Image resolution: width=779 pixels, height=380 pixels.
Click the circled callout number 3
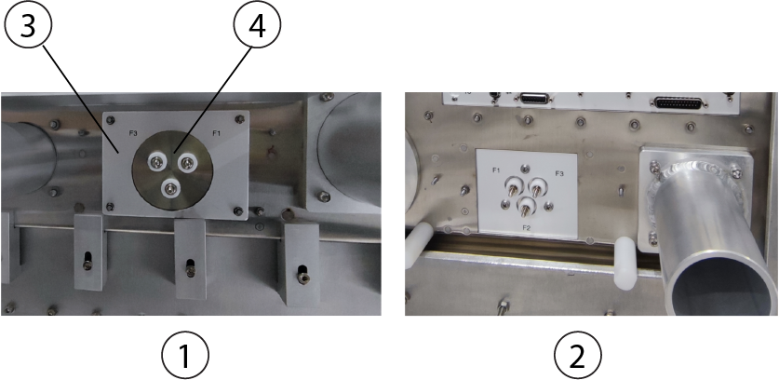tap(27, 25)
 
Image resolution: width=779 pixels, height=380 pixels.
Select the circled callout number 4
tap(257, 25)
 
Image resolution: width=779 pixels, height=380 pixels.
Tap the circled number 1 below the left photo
tap(185, 356)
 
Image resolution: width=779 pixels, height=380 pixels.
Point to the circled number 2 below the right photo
tap(577, 356)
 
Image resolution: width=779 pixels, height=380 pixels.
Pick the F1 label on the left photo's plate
tap(217, 133)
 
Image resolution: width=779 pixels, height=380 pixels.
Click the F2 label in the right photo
tap(527, 227)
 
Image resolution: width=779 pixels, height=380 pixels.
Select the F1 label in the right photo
tap(496, 170)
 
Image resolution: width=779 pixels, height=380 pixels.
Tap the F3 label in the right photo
tap(559, 173)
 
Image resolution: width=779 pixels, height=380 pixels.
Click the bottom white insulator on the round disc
tap(170, 188)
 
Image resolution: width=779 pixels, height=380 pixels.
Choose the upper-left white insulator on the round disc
tap(157, 161)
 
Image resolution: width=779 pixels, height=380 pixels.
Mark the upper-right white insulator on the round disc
tap(187, 162)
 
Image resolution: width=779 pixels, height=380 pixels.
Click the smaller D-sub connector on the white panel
tap(534, 99)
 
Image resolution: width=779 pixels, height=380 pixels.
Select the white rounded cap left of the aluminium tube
tap(626, 263)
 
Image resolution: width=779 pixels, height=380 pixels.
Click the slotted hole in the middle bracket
tap(190, 267)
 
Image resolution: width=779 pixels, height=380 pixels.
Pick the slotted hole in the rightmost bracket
tap(302, 275)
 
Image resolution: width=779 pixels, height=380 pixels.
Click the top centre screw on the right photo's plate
tap(526, 170)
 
